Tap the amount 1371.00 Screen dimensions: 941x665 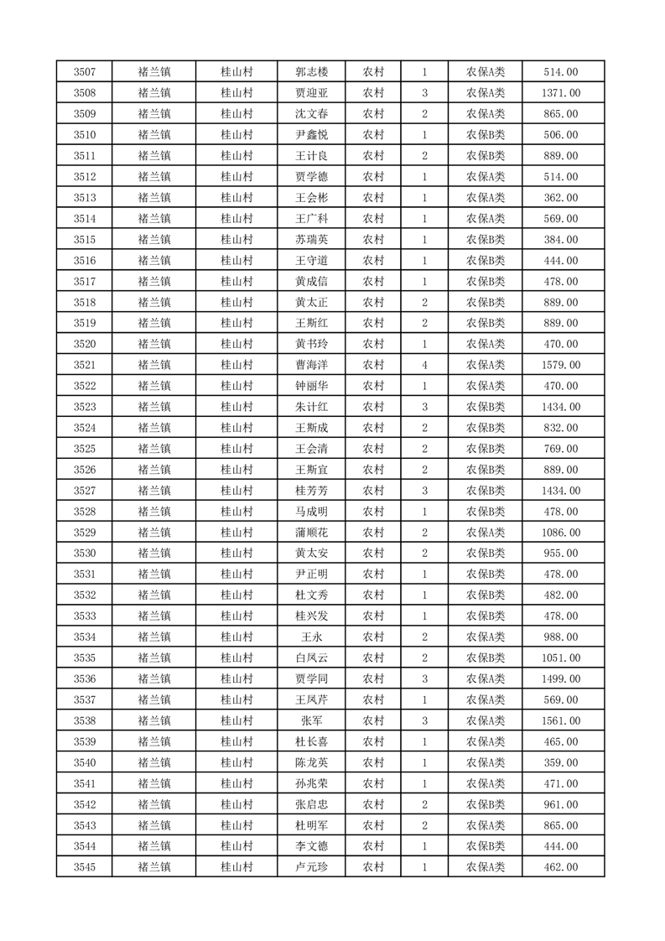[x=560, y=93]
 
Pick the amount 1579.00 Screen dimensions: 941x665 [x=560, y=365]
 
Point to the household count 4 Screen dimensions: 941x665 [x=424, y=365]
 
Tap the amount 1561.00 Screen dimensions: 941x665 [x=560, y=720]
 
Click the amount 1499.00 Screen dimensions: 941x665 [x=560, y=678]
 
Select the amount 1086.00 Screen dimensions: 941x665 [x=560, y=533]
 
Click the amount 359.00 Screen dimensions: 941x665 [x=560, y=762]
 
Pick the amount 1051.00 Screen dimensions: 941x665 [x=560, y=658]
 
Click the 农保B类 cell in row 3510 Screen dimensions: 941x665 [x=485, y=135]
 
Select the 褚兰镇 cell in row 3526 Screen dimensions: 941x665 [x=154, y=470]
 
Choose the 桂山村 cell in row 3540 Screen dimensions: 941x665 [x=236, y=762]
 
